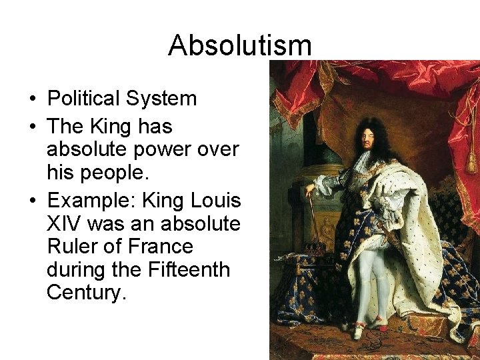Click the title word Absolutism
coord(240,45)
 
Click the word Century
coord(86,293)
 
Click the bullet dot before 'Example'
coord(33,199)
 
